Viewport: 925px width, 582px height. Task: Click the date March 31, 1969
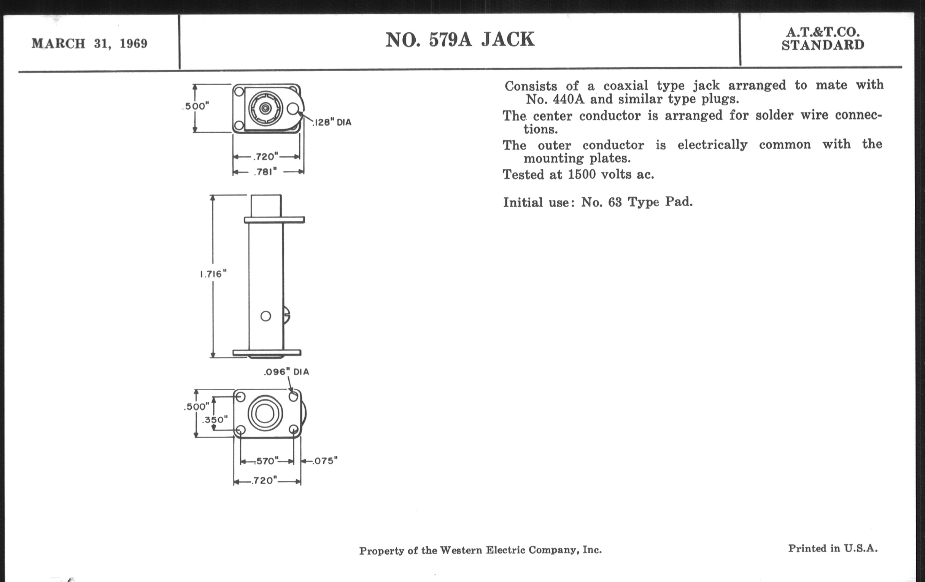(x=89, y=43)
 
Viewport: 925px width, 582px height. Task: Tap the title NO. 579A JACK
(x=460, y=39)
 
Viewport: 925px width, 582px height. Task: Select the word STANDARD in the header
(x=823, y=45)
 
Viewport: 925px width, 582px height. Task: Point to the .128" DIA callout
(x=332, y=122)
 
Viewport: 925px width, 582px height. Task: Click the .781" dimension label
(x=265, y=172)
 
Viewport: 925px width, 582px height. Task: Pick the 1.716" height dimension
(x=213, y=274)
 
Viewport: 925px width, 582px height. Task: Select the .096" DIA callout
(x=286, y=372)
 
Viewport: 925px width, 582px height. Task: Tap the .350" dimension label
(x=215, y=420)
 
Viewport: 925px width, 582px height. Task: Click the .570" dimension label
(x=266, y=461)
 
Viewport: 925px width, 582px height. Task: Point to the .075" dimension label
(x=325, y=461)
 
